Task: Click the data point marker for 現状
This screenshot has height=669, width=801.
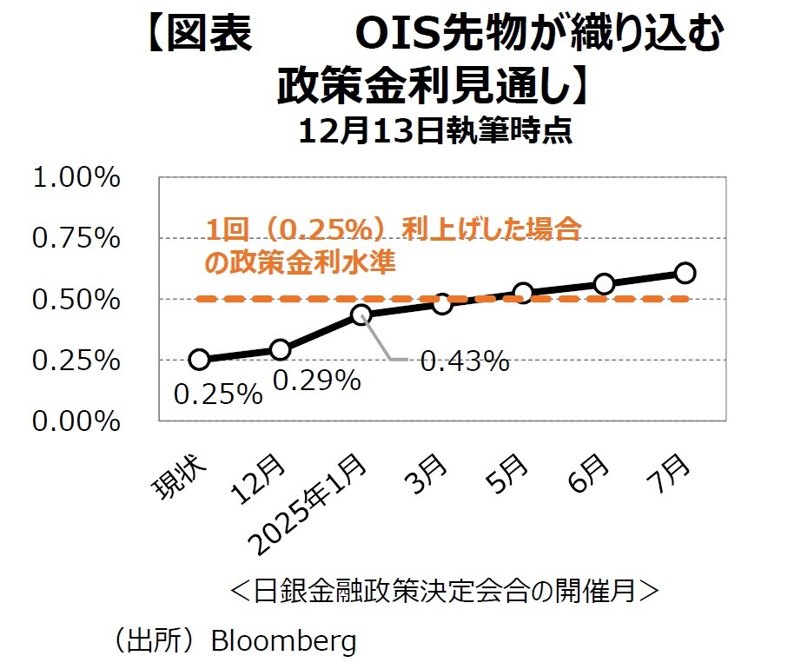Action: click(x=199, y=360)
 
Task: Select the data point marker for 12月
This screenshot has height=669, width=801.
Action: click(x=280, y=349)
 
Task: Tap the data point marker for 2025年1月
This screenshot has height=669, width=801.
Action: click(x=361, y=315)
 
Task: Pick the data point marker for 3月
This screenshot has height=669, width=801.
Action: click(x=442, y=303)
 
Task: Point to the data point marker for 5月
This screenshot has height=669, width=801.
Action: click(x=523, y=293)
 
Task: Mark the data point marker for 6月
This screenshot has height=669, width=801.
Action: click(x=604, y=284)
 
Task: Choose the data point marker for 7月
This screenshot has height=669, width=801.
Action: click(x=685, y=273)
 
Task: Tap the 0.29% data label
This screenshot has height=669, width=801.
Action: click(x=317, y=380)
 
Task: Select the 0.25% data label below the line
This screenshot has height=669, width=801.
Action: click(x=218, y=394)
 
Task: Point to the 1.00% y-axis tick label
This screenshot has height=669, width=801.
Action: click(x=76, y=178)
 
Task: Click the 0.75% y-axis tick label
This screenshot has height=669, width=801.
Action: click(x=76, y=239)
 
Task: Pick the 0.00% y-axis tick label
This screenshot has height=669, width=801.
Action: click(x=76, y=421)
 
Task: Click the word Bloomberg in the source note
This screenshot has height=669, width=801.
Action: click(x=283, y=641)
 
